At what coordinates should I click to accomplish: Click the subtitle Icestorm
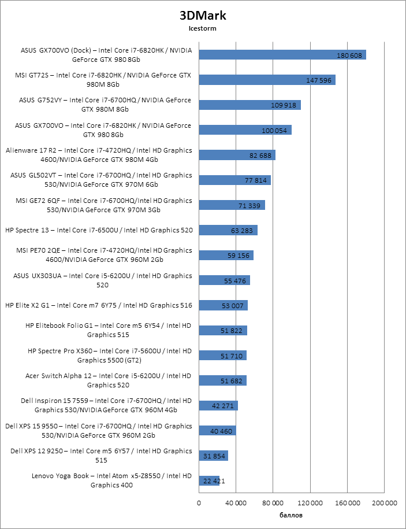(x=202, y=28)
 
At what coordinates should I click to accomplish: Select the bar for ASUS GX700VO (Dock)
(x=282, y=55)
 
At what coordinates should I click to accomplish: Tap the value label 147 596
(x=319, y=80)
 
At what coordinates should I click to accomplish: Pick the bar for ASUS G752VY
(x=249, y=105)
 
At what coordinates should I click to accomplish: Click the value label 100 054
(x=274, y=131)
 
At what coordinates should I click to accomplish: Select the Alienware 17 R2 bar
(x=237, y=155)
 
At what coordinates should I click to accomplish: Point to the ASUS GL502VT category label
(x=102, y=180)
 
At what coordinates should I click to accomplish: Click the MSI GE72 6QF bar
(x=232, y=205)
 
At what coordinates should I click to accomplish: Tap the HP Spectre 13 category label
(x=99, y=230)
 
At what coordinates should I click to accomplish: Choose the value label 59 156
(x=239, y=256)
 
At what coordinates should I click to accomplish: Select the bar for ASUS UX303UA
(x=224, y=280)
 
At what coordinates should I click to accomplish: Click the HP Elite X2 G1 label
(x=99, y=305)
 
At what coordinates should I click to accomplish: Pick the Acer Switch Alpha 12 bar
(x=222, y=380)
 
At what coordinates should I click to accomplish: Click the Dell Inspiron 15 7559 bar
(x=218, y=406)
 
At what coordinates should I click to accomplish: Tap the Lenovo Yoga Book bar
(x=209, y=480)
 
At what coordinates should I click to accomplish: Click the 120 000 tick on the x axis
(x=310, y=503)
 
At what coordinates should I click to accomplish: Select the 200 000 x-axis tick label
(x=384, y=503)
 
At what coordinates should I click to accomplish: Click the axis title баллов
(x=291, y=515)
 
